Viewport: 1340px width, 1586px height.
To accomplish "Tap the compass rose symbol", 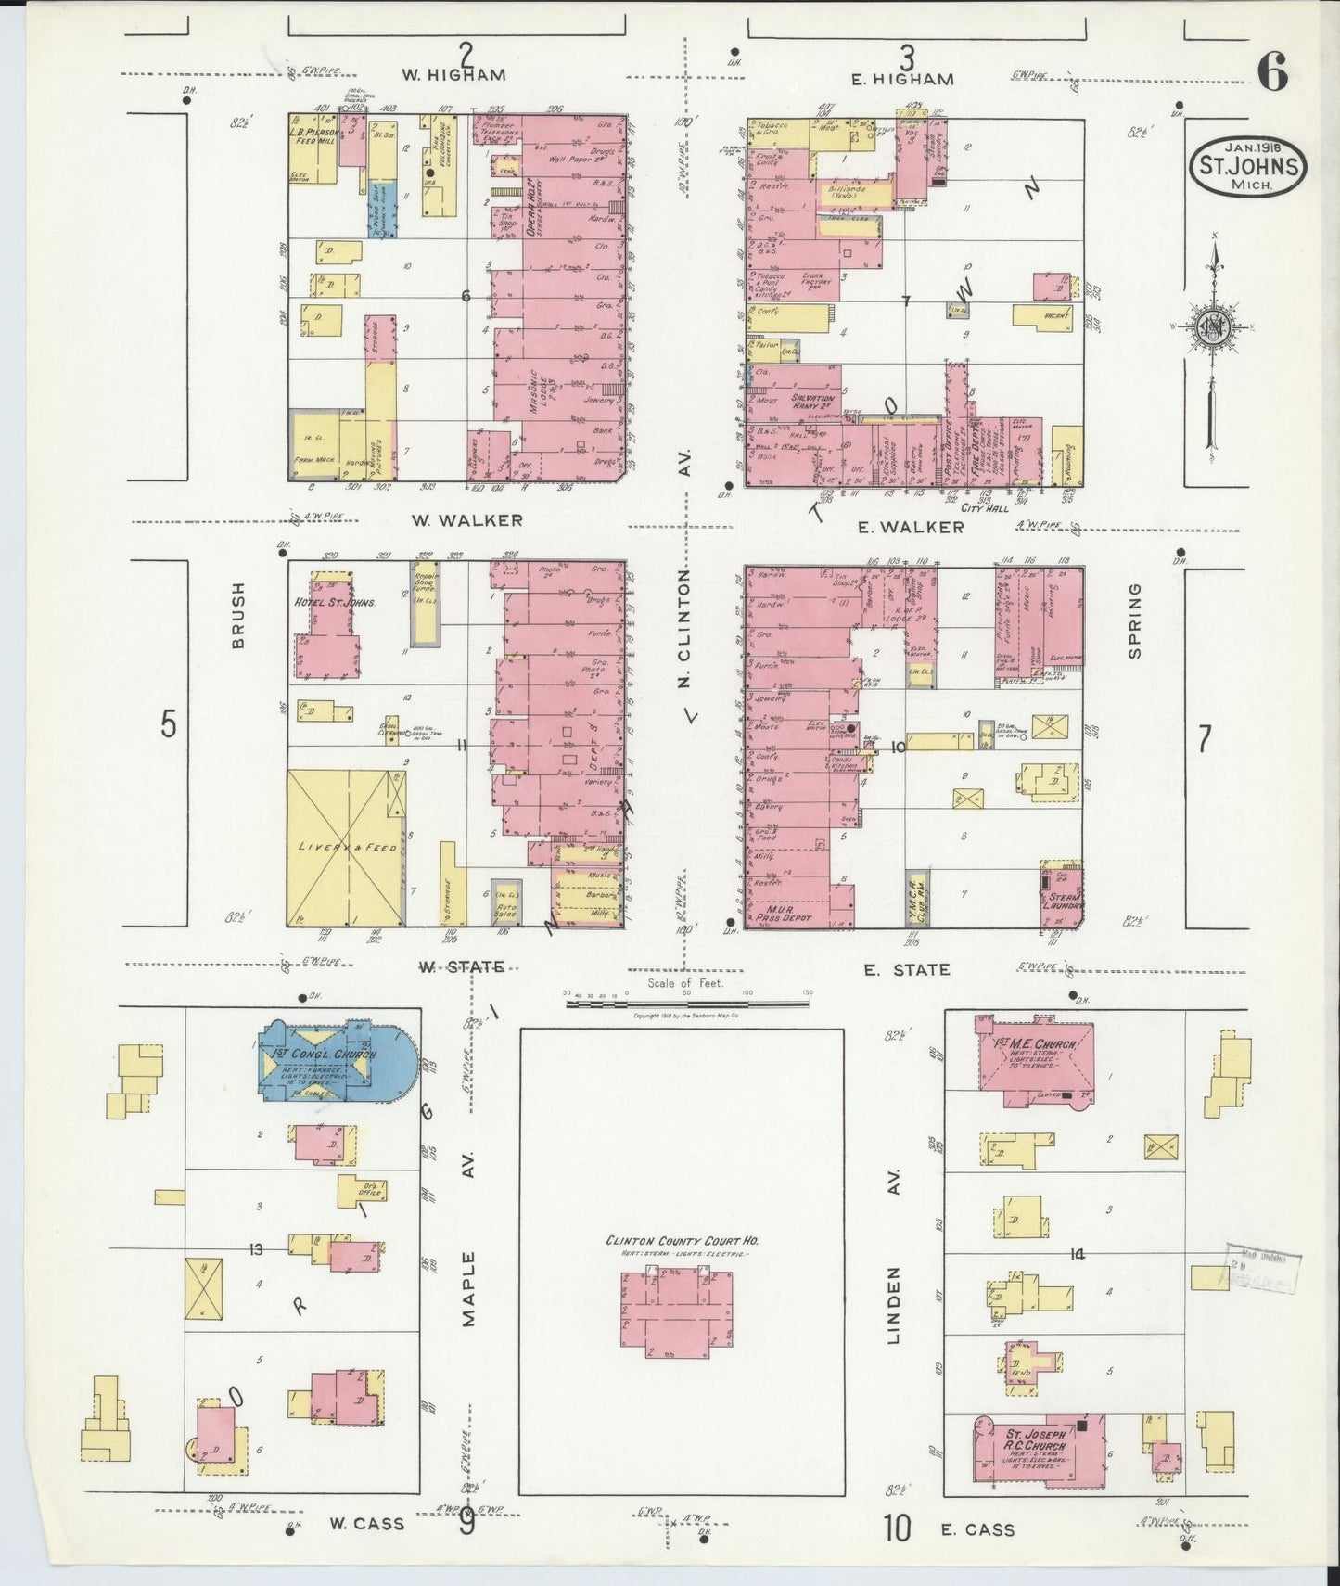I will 1212,327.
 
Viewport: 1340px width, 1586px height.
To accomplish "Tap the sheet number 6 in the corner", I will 1273,72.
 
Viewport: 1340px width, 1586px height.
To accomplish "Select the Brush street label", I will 238,615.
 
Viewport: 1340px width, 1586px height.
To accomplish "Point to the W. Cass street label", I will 367,1523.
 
